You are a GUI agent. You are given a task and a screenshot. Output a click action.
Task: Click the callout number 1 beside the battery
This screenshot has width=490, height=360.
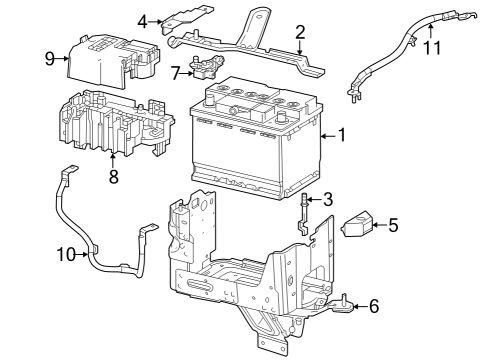coord(342,133)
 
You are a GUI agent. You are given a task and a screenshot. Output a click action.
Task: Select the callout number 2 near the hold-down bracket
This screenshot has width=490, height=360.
coord(299,33)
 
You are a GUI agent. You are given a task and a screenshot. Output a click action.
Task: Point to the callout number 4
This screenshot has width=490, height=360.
coord(143,20)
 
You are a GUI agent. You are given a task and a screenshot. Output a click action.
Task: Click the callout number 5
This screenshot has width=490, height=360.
coord(393,226)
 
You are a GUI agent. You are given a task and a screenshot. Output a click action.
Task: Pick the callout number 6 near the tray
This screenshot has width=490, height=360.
coord(373,306)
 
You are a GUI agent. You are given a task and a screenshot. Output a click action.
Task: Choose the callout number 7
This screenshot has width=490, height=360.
coord(176,72)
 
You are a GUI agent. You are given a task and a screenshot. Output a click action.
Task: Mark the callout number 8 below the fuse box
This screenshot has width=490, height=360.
coord(113,176)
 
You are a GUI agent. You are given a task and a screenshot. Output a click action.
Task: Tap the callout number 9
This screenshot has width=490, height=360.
coord(49,59)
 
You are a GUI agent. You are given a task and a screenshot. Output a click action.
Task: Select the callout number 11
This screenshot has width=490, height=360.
coord(431,47)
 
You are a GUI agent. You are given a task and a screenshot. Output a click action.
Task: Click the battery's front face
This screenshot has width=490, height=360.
coord(240,150)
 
